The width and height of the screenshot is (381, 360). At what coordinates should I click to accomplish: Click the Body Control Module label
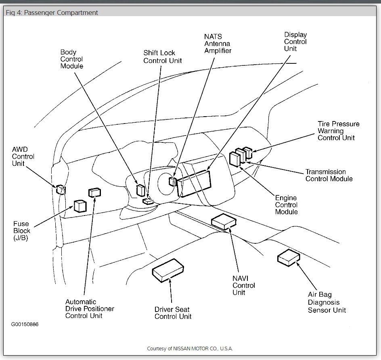(x=72, y=59)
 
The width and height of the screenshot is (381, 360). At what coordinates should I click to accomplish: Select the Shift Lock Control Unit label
(x=163, y=57)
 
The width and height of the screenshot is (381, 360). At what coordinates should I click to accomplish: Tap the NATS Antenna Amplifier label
(x=218, y=44)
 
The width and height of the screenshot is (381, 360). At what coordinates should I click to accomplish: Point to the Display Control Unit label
(x=295, y=42)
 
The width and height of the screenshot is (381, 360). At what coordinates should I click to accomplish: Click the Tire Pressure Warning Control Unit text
(x=338, y=131)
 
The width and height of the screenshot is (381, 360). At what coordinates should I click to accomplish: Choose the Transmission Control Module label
(x=329, y=175)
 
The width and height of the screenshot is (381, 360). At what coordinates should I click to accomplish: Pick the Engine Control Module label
(x=286, y=205)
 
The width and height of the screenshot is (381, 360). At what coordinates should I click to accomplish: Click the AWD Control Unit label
(x=23, y=157)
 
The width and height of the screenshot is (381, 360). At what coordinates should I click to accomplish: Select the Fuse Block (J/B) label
(x=22, y=231)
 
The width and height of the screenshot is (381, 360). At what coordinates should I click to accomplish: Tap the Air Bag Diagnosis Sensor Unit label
(x=327, y=302)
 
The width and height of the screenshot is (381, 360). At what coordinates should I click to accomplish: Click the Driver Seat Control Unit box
(x=168, y=270)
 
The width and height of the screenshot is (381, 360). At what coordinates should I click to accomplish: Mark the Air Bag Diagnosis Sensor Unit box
(x=288, y=257)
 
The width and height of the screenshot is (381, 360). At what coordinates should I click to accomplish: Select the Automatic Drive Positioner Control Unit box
(x=94, y=192)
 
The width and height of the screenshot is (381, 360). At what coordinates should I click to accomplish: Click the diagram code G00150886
(x=25, y=324)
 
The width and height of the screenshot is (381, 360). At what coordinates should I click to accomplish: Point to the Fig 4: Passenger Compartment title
(x=52, y=13)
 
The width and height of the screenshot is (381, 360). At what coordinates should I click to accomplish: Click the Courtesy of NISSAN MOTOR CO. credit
(x=190, y=348)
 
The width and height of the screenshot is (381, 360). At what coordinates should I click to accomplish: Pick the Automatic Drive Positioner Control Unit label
(x=90, y=309)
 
